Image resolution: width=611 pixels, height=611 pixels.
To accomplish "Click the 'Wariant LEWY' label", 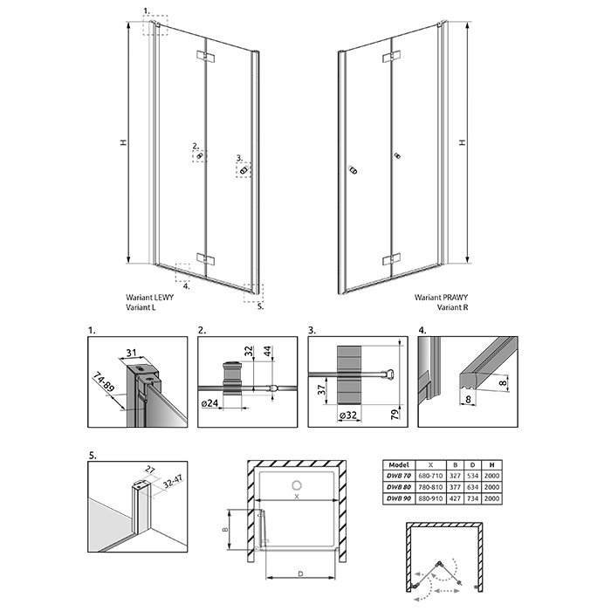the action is [x=149, y=298].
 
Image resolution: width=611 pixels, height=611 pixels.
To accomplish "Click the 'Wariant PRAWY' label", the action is [x=441, y=298].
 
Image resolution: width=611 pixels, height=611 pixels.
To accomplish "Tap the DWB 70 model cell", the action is [x=399, y=476].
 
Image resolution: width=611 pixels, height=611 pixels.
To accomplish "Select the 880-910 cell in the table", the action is [x=430, y=498].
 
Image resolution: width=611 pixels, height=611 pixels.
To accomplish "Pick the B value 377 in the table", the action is [x=455, y=487].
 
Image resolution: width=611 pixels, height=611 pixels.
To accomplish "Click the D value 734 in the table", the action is [x=473, y=498].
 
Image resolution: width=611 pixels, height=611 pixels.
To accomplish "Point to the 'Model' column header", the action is [x=399, y=464].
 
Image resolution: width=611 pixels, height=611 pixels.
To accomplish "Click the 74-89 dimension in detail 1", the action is [x=104, y=382].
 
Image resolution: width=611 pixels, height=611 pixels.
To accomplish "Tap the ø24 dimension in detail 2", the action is [x=209, y=403].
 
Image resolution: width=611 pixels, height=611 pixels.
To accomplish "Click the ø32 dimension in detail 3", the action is [x=348, y=415].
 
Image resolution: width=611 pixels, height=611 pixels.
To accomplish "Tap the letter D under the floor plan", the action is [x=300, y=573].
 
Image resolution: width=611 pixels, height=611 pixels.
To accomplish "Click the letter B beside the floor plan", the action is [x=225, y=530].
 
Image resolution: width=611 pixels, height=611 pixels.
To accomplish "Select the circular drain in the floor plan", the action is [x=297, y=485].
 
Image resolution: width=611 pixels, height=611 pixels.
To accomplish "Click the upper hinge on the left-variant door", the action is [x=205, y=56].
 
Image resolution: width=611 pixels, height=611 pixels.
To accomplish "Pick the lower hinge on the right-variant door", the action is [x=391, y=258].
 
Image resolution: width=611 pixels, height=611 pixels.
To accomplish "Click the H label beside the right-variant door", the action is [x=463, y=141].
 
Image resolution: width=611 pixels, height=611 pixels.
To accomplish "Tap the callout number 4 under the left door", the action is [x=186, y=286].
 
